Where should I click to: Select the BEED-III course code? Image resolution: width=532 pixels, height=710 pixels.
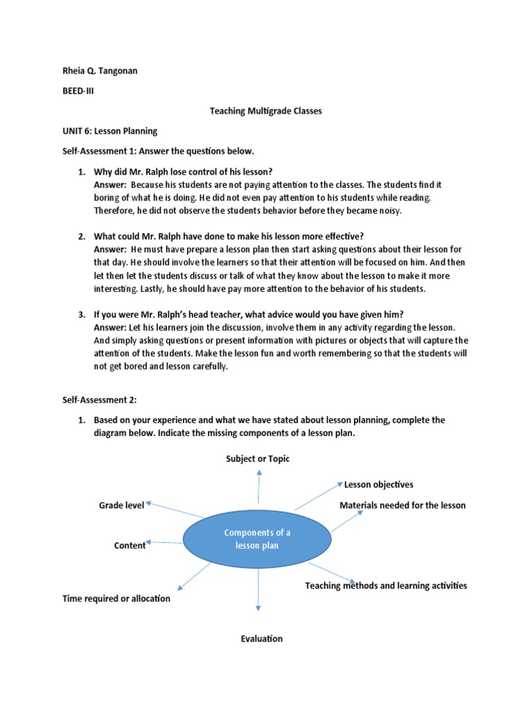tap(78, 91)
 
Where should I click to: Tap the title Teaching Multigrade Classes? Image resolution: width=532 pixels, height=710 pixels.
tap(266, 111)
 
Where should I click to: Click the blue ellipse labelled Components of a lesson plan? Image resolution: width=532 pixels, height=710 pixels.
tap(257, 539)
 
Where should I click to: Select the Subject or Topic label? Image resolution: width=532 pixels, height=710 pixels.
tap(258, 459)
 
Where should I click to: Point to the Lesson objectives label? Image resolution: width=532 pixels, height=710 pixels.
tap(379, 485)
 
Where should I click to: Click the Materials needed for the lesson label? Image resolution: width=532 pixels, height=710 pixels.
tap(402, 505)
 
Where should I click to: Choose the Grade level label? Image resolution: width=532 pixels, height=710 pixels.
tap(121, 505)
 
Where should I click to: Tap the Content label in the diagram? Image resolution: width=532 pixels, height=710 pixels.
tap(130, 546)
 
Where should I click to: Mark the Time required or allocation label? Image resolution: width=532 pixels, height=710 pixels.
tap(116, 598)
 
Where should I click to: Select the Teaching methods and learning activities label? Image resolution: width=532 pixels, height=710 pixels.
tap(386, 586)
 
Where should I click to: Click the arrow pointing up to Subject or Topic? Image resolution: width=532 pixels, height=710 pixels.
tap(258, 485)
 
